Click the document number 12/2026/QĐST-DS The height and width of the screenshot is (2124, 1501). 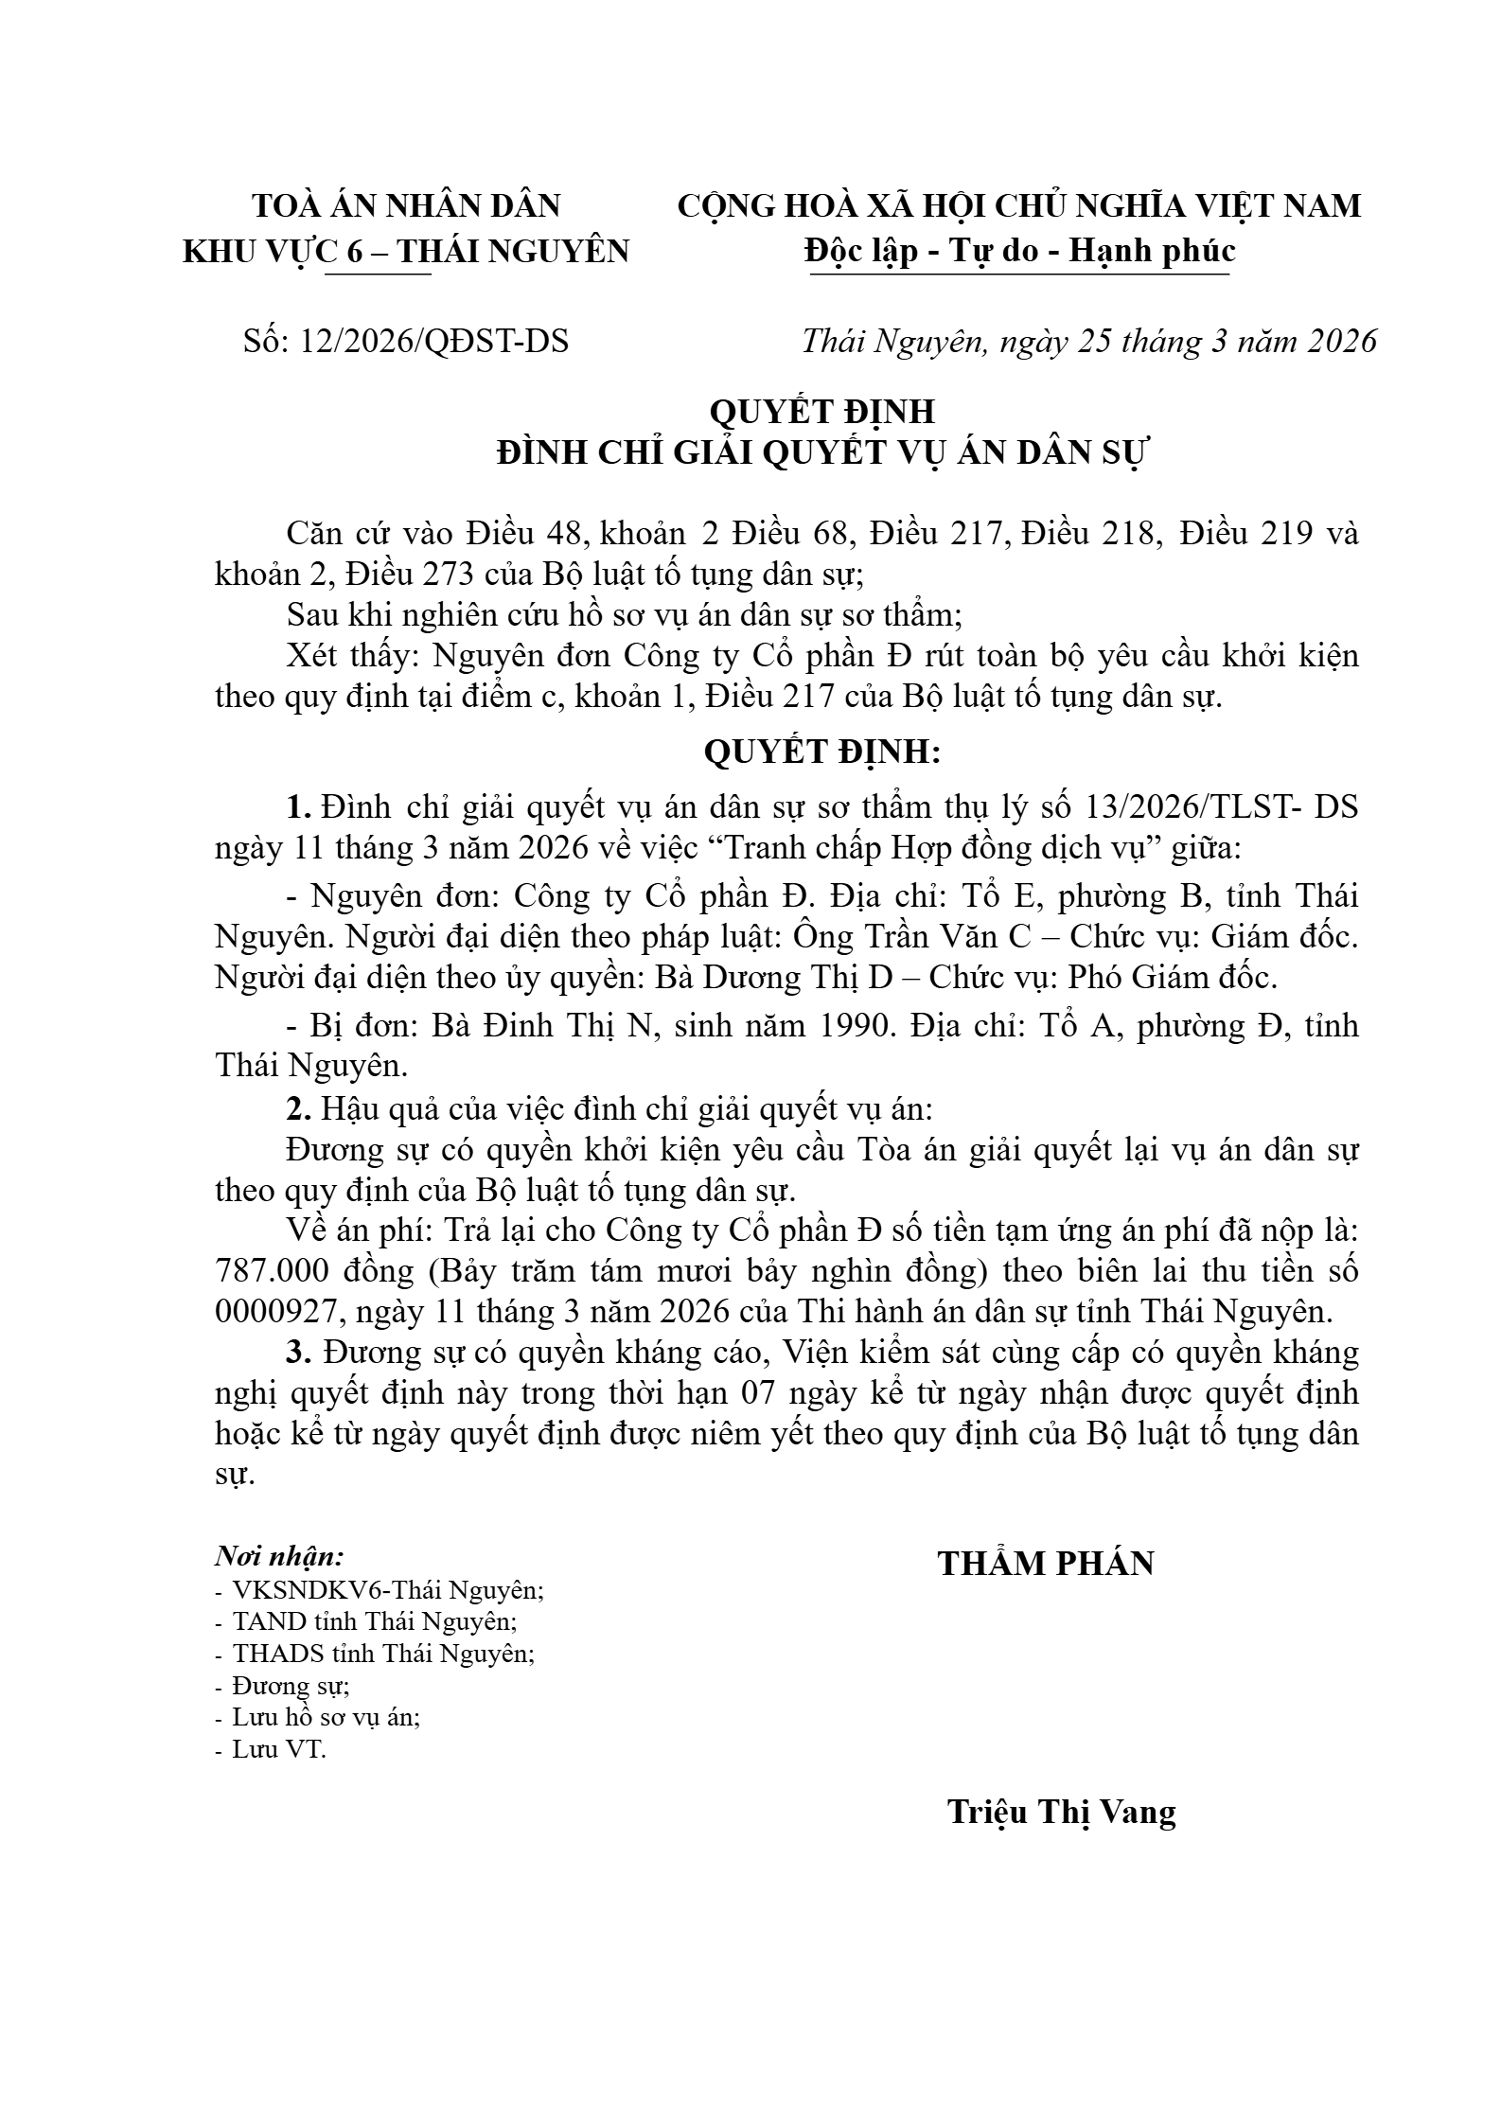(433, 341)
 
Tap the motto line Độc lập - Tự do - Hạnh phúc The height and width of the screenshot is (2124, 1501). (1019, 250)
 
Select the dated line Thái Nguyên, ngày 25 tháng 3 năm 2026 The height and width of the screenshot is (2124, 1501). (1088, 341)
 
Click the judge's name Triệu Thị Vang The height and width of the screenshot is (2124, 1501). (1061, 1812)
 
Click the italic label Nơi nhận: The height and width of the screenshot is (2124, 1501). (279, 1556)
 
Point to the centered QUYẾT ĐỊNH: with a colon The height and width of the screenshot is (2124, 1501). (822, 752)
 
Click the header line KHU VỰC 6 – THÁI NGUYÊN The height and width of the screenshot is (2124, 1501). (405, 250)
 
